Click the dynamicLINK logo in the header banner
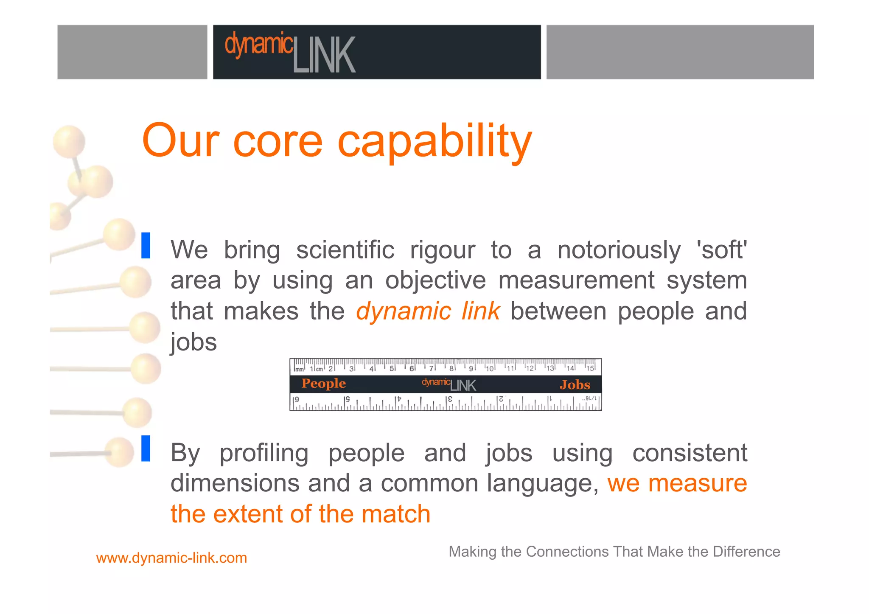290,53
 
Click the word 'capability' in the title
434,142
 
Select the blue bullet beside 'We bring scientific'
146,245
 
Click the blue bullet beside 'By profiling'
146,449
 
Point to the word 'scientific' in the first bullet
345,250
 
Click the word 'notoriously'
619,250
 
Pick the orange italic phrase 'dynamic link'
428,311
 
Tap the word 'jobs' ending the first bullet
193,342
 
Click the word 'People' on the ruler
323,384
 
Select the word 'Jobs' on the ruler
575,385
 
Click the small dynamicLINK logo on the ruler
449,384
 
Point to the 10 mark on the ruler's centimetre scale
490,368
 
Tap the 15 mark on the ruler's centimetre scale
590,368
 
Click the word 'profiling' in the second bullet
264,453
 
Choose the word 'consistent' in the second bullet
690,453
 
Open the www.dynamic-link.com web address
171,558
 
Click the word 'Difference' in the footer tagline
746,552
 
